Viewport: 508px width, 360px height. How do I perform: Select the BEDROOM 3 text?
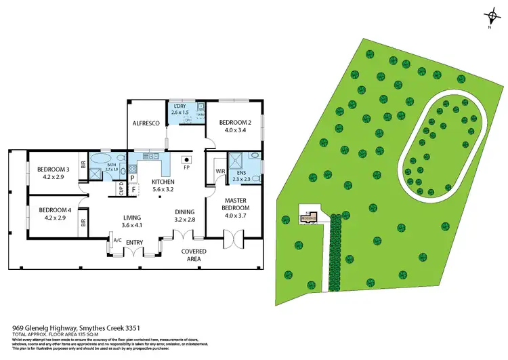click(53, 169)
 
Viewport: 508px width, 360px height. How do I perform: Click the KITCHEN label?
click(164, 182)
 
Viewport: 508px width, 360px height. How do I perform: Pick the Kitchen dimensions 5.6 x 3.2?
click(164, 191)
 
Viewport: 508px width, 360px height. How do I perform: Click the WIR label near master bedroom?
click(219, 171)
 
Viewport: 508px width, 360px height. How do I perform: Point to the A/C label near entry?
click(117, 240)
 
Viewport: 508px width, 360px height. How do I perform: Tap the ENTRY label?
click(135, 242)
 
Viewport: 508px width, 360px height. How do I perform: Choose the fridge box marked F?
click(133, 188)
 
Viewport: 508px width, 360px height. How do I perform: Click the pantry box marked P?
click(133, 178)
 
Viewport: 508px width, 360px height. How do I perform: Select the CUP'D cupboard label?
click(123, 189)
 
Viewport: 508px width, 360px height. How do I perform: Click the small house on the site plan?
click(310, 218)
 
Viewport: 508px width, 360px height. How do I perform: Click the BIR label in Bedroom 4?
click(83, 222)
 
